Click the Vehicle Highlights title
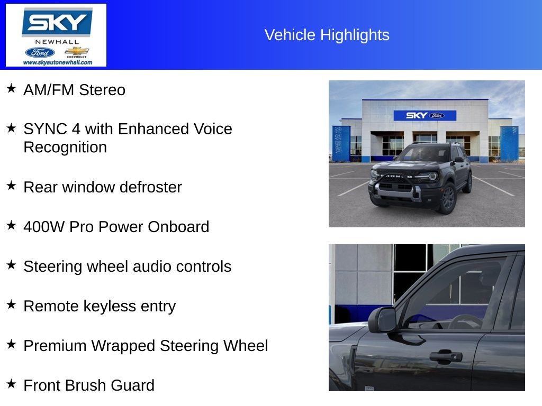pyautogui.click(x=327, y=35)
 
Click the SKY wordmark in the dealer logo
pyautogui.click(x=57, y=22)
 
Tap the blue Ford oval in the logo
pyautogui.click(x=40, y=52)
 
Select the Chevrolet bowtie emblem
pyautogui.click(x=77, y=51)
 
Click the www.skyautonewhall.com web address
pyautogui.click(x=57, y=62)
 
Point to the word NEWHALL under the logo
pyautogui.click(x=57, y=42)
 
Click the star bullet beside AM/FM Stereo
pyautogui.click(x=11, y=88)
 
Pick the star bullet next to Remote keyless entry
pyautogui.click(x=11, y=304)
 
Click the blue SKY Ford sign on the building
pyautogui.click(x=424, y=115)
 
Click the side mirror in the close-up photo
pyautogui.click(x=383, y=320)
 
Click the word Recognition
pyautogui.click(x=65, y=147)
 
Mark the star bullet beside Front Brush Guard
pyautogui.click(x=11, y=384)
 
